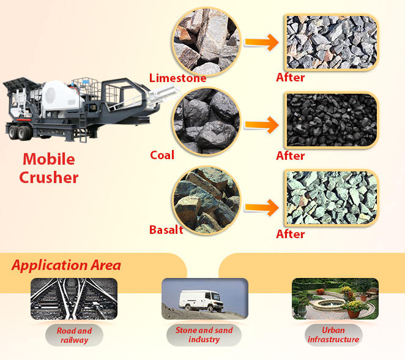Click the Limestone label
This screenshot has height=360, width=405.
177,78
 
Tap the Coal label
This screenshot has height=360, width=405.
162,155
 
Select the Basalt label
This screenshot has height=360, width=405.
166,230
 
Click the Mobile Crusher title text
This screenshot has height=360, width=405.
49,168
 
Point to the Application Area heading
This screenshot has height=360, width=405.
66,265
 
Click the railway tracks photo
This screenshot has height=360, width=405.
73,299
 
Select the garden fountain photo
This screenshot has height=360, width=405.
335,298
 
